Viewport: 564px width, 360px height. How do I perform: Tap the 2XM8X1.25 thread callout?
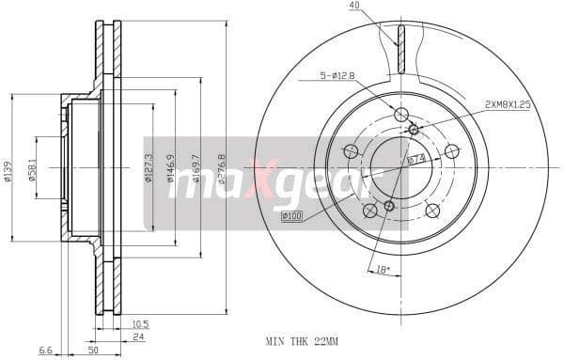tap(509, 105)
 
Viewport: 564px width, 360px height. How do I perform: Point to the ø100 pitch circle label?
tap(292, 218)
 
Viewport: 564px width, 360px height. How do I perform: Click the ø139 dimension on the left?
tap(7, 167)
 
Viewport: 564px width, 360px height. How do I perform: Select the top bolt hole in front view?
tap(401, 116)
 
